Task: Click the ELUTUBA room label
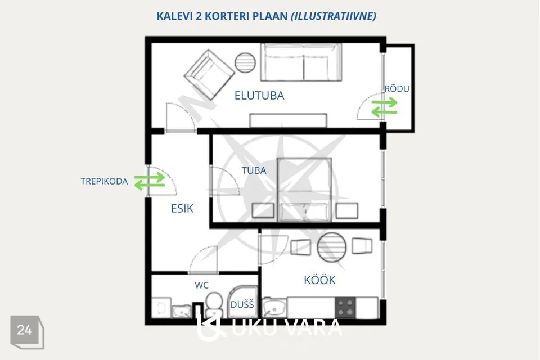click(x=259, y=96)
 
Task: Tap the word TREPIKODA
click(x=104, y=181)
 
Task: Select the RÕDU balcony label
click(x=397, y=88)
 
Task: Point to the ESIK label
click(x=182, y=209)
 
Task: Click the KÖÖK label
click(x=319, y=280)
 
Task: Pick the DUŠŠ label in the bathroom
click(x=242, y=304)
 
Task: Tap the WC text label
click(x=201, y=285)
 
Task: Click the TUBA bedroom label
click(x=254, y=170)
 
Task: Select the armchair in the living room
click(x=209, y=74)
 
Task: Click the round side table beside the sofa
click(x=245, y=62)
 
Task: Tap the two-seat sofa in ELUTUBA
click(x=301, y=62)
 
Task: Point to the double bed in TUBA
click(x=304, y=190)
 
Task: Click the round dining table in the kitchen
click(x=332, y=247)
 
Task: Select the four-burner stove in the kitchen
click(x=345, y=307)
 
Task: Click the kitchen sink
click(x=274, y=308)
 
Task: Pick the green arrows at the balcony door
click(x=384, y=107)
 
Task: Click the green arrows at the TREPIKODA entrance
click(x=150, y=181)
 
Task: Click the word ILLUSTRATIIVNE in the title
click(x=334, y=16)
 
